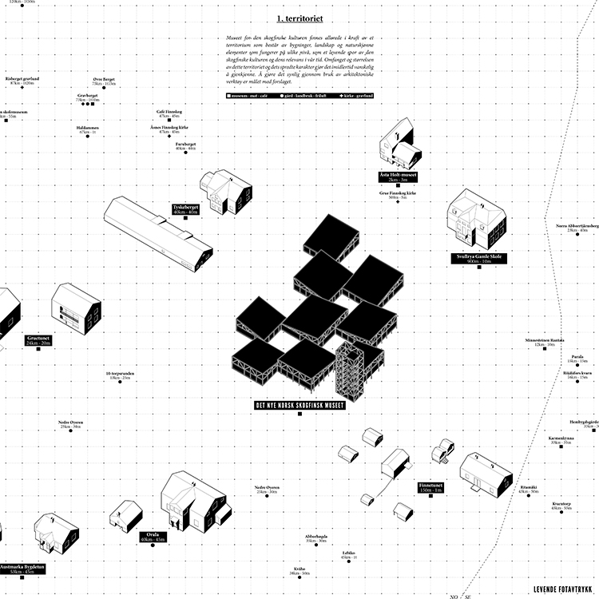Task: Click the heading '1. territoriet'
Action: coord(299,18)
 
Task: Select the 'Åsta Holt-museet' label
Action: coord(398,177)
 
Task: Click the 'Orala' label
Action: coord(152,537)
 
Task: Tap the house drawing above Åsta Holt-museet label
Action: coord(398,144)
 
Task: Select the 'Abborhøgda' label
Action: coord(316,538)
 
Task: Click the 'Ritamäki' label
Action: coord(528,488)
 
